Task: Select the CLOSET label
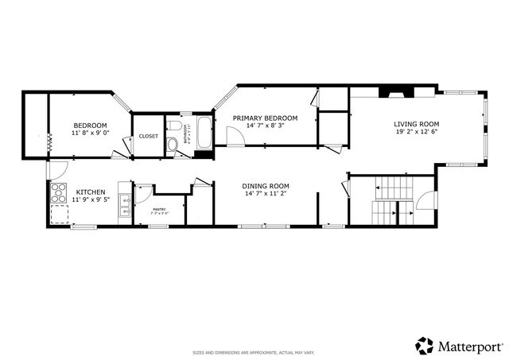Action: [149, 136]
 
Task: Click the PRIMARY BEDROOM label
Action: [265, 118]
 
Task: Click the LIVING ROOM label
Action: [416, 123]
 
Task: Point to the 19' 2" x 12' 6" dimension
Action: [416, 132]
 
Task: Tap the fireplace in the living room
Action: [394, 91]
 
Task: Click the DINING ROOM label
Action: [266, 185]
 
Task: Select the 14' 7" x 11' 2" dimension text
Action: [266, 194]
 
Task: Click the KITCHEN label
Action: [90, 192]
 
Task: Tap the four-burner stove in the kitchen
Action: [60, 192]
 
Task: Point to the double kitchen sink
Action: [124, 204]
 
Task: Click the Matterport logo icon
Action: [425, 346]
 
